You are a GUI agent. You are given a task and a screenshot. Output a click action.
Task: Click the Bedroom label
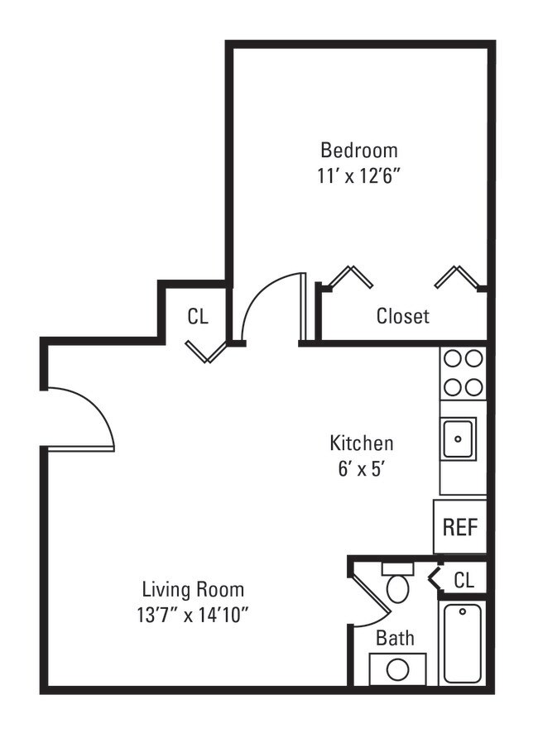tap(359, 150)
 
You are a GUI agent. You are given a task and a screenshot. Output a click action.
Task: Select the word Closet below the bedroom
tap(403, 315)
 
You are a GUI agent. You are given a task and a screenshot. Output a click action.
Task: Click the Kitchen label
tap(362, 443)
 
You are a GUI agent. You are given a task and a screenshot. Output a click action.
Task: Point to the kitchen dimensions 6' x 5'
tap(362, 468)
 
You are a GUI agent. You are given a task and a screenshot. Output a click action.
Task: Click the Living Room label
tap(193, 590)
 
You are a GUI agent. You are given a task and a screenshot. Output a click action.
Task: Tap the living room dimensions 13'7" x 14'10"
tap(193, 615)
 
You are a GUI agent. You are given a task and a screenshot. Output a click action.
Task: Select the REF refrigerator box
tap(459, 527)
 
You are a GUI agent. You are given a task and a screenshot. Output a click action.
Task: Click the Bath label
tap(395, 638)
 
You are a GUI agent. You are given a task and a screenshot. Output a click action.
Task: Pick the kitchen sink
tap(458, 438)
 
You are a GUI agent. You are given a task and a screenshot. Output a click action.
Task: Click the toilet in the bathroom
tap(398, 585)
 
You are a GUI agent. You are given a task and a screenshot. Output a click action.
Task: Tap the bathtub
tap(462, 643)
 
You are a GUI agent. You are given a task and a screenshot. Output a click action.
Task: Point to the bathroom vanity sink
tap(398, 669)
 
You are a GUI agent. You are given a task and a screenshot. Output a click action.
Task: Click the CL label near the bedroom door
tap(198, 316)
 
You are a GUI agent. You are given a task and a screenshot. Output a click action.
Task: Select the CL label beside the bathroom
tap(464, 580)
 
